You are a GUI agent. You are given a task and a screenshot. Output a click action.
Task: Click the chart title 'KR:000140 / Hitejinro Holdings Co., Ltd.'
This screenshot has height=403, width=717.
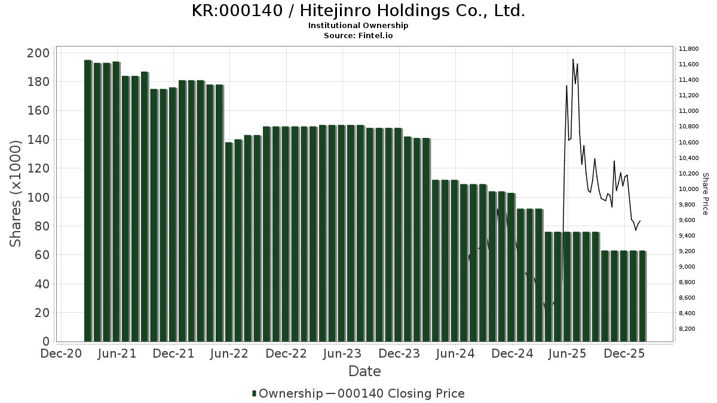(x=358, y=11)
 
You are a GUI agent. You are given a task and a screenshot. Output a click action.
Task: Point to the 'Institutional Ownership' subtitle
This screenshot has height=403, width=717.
(x=358, y=26)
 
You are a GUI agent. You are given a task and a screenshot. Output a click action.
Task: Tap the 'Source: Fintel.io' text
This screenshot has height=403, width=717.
(x=358, y=36)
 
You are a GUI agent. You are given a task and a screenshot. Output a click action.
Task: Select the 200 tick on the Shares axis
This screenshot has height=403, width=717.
(x=38, y=53)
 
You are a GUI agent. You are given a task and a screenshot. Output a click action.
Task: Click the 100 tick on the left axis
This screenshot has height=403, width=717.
(x=38, y=197)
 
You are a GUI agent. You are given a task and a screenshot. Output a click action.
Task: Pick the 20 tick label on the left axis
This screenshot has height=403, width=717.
(x=41, y=312)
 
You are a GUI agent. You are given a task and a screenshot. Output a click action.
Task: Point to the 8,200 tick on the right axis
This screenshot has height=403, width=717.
(x=691, y=329)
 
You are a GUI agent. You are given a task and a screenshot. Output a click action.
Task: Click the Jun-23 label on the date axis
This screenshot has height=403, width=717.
(x=342, y=353)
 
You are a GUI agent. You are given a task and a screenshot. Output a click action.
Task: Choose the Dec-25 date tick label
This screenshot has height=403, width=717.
(x=624, y=353)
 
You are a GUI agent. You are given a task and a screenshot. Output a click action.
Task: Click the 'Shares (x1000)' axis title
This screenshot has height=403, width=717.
(x=16, y=193)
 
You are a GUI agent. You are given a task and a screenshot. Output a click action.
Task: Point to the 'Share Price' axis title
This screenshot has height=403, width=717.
(x=705, y=194)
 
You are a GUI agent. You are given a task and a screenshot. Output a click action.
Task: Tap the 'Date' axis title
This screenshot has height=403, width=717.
(x=364, y=371)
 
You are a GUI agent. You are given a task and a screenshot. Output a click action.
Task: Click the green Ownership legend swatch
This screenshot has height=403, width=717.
(x=255, y=393)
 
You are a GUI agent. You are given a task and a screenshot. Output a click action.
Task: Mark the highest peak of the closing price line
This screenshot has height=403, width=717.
(x=573, y=59)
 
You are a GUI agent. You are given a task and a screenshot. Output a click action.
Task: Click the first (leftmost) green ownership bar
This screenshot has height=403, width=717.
(x=88, y=201)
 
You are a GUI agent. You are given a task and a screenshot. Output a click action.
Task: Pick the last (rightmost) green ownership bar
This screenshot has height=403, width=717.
(x=642, y=296)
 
